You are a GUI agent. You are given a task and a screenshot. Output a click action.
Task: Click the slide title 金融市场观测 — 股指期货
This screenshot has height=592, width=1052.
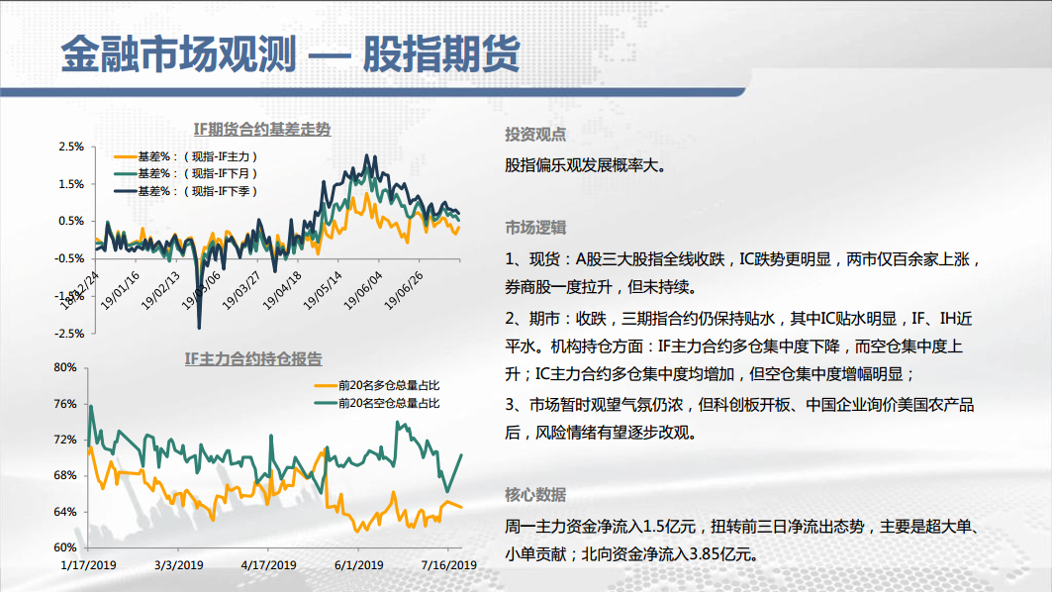coord(291,53)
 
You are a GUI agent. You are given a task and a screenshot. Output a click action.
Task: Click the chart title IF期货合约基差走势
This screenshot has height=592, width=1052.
coord(261,129)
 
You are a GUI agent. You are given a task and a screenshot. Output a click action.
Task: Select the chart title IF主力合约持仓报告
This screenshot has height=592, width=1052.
coord(253,359)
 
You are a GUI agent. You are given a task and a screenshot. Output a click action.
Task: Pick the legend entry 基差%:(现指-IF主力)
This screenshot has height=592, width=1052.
coord(186,156)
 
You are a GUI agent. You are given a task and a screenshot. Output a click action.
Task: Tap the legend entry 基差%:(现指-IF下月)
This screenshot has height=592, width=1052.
coord(186,173)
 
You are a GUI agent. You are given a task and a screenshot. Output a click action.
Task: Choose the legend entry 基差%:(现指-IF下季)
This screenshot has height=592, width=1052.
coord(186,191)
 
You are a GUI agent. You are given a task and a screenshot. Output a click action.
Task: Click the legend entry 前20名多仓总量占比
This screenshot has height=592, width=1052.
coord(377,385)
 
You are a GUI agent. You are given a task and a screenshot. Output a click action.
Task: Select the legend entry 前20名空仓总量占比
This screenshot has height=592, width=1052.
coord(377,403)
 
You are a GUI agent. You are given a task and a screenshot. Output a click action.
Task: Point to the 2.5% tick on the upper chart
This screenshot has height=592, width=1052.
coord(71,147)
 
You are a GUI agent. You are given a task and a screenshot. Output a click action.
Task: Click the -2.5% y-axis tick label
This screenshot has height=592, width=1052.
coord(70,334)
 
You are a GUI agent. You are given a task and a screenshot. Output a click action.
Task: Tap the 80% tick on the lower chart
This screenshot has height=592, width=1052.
coord(65,367)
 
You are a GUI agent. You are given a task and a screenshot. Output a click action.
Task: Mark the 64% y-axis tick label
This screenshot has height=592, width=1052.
coord(65,512)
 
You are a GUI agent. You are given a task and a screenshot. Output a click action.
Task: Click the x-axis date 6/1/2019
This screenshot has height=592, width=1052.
coord(359,565)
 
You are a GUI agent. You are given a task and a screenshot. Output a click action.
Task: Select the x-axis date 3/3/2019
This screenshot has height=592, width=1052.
coord(178,565)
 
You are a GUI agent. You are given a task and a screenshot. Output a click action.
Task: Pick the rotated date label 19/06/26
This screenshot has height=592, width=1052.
coord(403,291)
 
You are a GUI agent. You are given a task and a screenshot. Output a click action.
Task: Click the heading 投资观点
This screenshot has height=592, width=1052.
coord(535,135)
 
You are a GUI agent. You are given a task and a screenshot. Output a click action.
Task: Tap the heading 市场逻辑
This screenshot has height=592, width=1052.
coord(535,228)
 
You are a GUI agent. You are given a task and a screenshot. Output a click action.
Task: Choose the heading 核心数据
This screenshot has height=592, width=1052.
coord(535,495)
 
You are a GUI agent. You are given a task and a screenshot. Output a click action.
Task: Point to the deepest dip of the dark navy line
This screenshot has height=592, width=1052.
coord(199,328)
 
